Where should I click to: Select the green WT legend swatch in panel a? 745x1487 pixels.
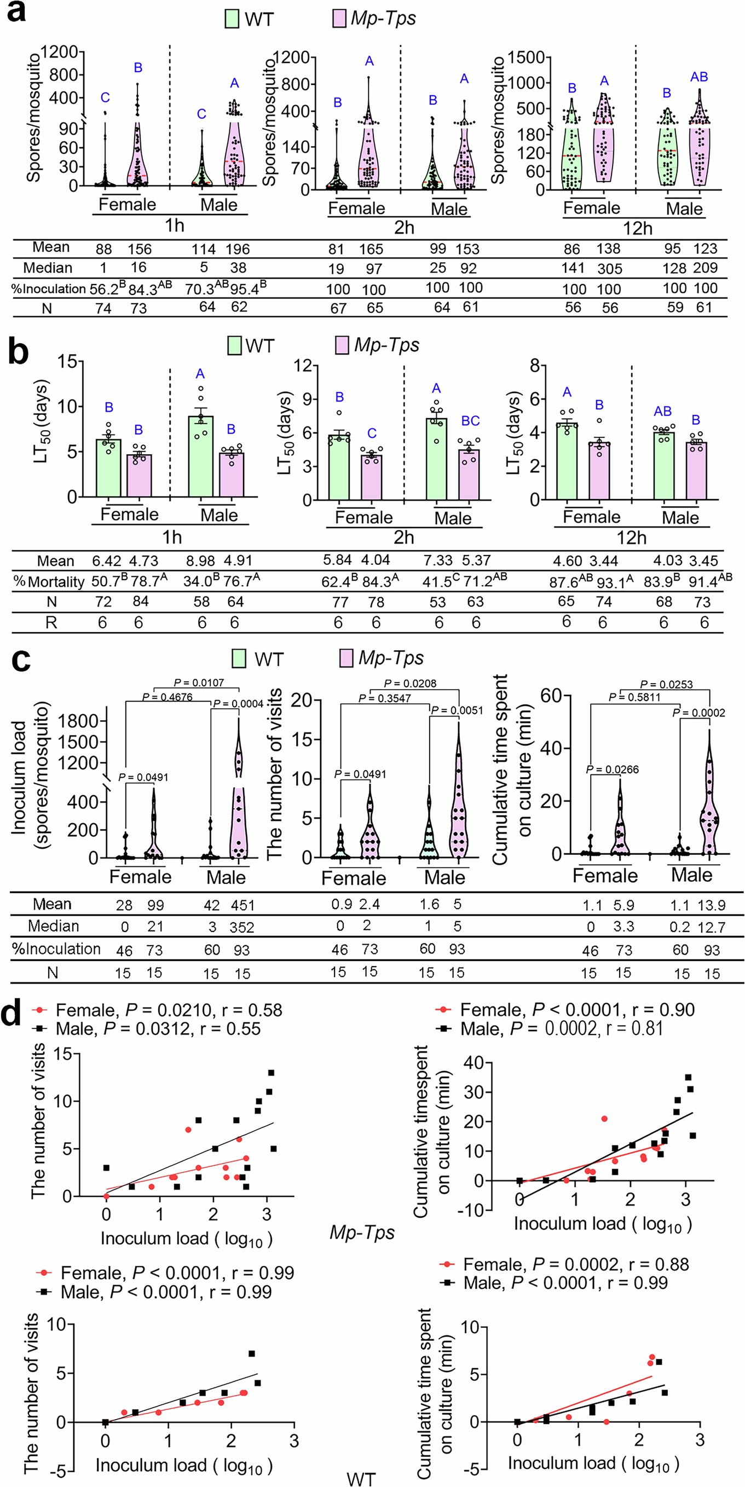tap(232, 19)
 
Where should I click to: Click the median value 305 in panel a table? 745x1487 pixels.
tap(609, 268)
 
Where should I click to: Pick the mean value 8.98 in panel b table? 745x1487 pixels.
tap(201, 561)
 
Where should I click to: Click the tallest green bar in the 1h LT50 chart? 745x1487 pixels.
tap(200, 456)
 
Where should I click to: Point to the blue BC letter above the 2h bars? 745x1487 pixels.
tap(470, 421)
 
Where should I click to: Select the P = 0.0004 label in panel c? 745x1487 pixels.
tap(238, 704)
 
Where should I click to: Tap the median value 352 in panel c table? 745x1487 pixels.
tap(241, 927)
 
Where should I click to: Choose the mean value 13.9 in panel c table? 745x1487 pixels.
tap(711, 905)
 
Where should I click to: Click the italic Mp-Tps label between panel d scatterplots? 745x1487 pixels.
tap(362, 1233)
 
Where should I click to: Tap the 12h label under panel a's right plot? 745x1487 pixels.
tap(637, 229)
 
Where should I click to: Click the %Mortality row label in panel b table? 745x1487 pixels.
tap(49, 582)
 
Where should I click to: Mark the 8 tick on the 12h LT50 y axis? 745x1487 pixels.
tap(535, 366)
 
